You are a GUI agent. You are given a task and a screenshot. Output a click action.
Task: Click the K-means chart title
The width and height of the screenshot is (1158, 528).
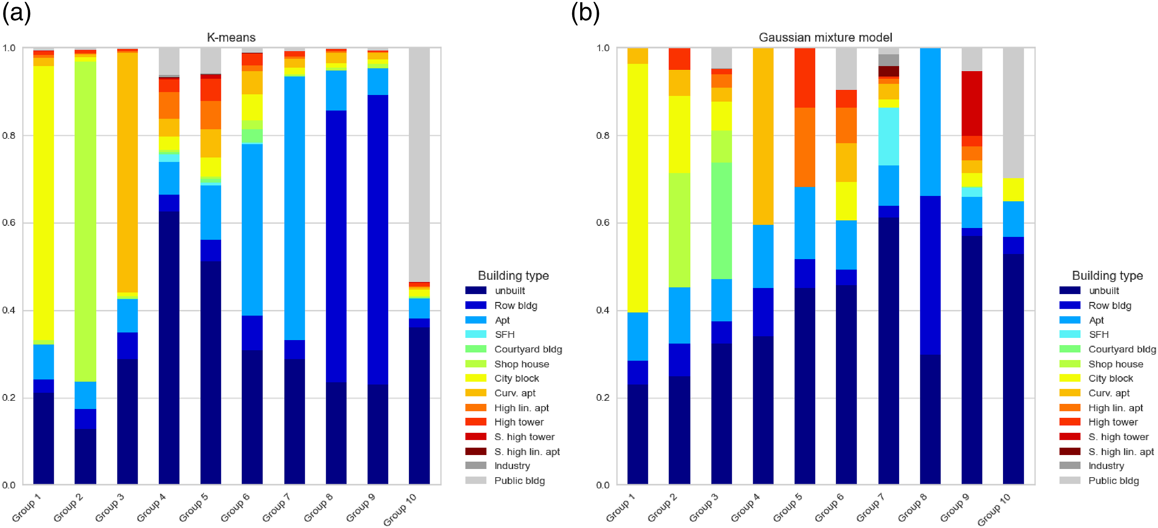pyautogui.click(x=231, y=37)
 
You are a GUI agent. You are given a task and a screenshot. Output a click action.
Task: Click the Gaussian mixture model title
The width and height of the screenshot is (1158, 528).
pyautogui.click(x=825, y=37)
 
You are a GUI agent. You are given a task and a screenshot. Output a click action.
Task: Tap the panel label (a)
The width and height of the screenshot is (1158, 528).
pyautogui.click(x=17, y=12)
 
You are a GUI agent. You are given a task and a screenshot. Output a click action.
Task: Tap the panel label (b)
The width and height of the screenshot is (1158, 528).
pyautogui.click(x=585, y=12)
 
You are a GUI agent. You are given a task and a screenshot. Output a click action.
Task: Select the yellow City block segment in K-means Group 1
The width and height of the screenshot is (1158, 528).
pyautogui.click(x=44, y=203)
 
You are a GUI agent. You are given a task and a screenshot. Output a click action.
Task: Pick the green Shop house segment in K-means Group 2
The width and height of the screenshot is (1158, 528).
pyautogui.click(x=85, y=221)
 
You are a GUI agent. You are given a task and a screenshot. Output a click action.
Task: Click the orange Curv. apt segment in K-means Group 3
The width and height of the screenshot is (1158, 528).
pyautogui.click(x=127, y=173)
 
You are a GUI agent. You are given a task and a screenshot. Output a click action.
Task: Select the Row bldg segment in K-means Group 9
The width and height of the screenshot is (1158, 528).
pyautogui.click(x=378, y=240)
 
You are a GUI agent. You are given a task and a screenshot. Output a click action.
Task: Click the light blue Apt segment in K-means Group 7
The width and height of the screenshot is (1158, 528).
pyautogui.click(x=295, y=208)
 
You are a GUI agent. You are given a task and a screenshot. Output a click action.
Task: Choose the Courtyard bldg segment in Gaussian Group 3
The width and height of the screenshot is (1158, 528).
pyautogui.click(x=722, y=221)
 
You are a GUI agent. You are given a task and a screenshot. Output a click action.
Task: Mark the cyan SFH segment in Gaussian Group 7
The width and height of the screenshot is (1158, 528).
pyautogui.click(x=889, y=137)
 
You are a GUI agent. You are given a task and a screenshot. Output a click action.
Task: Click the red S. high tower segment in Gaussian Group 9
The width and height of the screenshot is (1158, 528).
pyautogui.click(x=972, y=103)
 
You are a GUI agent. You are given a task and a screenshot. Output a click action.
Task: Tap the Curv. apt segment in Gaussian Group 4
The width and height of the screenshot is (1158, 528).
pyautogui.click(x=763, y=136)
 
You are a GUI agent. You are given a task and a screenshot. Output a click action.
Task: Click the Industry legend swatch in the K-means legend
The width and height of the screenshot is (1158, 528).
pyautogui.click(x=476, y=466)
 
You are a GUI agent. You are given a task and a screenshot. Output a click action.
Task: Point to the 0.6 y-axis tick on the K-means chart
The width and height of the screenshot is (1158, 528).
pyautogui.click(x=9, y=223)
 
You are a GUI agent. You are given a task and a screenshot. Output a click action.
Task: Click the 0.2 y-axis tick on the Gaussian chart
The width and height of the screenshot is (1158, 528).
pyautogui.click(x=603, y=398)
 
